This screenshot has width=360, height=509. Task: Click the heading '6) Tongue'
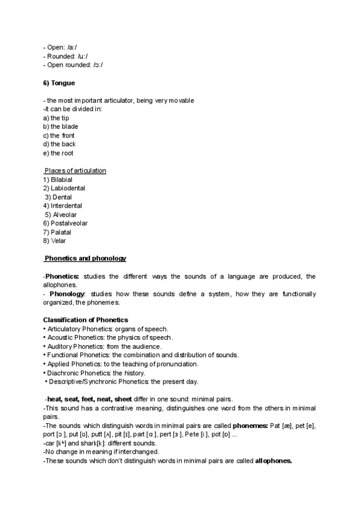(x=59, y=83)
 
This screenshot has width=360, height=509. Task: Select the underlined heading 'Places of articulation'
(x=76, y=170)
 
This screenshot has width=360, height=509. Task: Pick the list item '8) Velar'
(x=55, y=241)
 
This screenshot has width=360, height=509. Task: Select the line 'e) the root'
(x=58, y=153)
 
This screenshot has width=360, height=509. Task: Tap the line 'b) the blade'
(x=61, y=127)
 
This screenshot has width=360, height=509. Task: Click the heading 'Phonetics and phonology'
(x=86, y=258)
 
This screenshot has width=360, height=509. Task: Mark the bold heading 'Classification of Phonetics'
(x=85, y=320)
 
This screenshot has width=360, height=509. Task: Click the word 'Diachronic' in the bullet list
(x=62, y=373)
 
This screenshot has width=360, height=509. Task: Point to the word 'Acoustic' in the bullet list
(x=59, y=337)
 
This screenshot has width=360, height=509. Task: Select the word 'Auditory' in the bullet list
(x=59, y=346)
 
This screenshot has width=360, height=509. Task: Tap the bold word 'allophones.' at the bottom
(x=273, y=460)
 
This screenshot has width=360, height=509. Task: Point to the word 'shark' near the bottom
(x=96, y=443)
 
